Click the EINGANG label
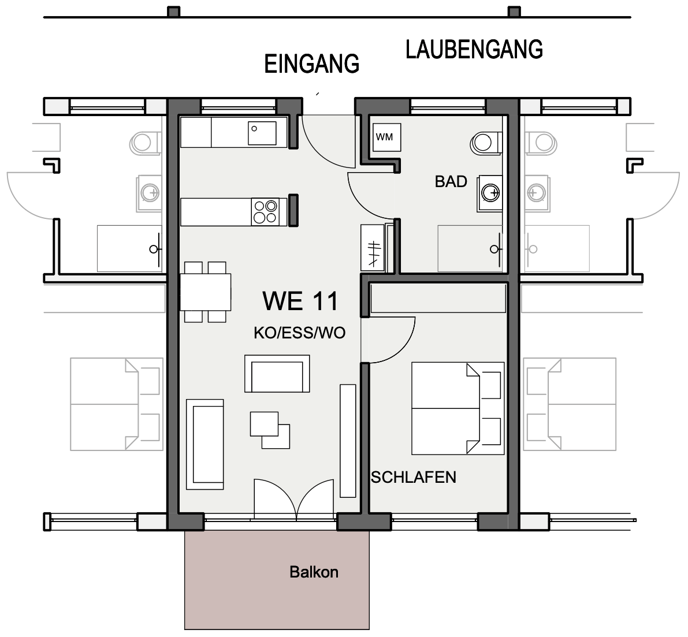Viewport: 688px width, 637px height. coord(311,64)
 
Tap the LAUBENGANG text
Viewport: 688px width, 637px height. coord(474,50)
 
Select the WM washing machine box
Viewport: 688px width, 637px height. coord(385,137)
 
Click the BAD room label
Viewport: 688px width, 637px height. coord(451,182)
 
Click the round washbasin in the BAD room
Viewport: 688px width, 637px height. coord(490,193)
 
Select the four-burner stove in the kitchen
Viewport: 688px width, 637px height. coord(265,211)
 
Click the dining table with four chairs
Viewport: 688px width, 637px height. coord(205,292)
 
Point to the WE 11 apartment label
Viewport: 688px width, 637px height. coord(300,301)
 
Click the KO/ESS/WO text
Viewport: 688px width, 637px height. coord(299,333)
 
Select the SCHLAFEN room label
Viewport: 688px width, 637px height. coord(413,478)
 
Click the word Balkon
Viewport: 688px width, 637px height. coord(314,572)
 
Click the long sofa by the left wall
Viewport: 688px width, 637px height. coord(205,444)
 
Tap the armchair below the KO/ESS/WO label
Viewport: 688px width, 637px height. coord(277,374)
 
